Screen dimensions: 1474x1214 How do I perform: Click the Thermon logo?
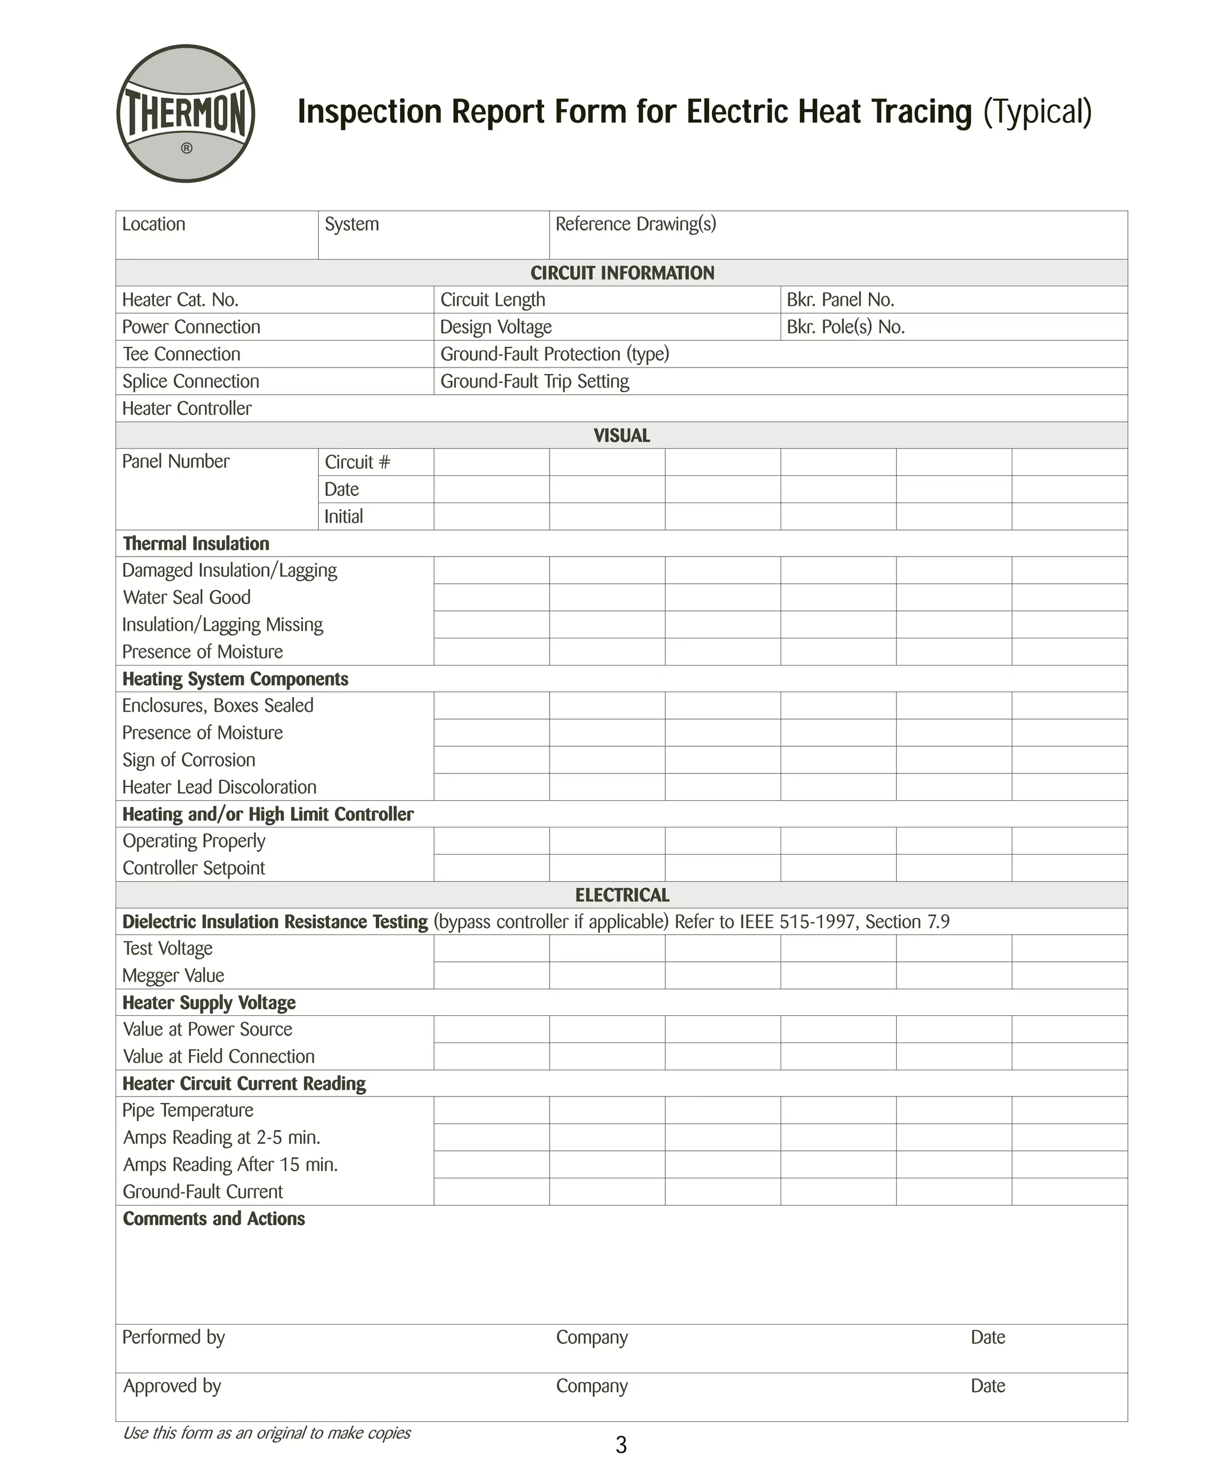(186, 114)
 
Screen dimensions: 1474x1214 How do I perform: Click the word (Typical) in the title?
(1037, 112)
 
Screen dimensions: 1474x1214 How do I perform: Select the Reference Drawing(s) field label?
(635, 224)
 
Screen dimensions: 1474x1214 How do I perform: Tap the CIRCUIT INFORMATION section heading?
(622, 273)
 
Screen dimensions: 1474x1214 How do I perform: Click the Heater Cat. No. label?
(180, 300)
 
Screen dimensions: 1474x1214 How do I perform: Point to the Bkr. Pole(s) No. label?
(845, 327)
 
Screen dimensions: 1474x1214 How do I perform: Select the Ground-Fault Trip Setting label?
(534, 381)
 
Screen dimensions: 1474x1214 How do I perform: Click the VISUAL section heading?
(622, 436)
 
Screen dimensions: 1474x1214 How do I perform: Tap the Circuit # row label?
(357, 462)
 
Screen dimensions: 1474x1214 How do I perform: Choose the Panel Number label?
(175, 462)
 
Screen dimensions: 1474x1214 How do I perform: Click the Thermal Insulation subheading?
(196, 543)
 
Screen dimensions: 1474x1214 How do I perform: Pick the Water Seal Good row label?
(187, 597)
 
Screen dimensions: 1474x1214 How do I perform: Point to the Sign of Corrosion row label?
(189, 760)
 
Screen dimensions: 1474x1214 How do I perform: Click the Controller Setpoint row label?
(194, 868)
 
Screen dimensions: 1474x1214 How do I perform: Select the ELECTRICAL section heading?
(622, 895)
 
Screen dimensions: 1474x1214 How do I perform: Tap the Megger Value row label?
(174, 976)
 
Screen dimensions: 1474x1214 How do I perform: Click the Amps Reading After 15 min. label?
(230, 1164)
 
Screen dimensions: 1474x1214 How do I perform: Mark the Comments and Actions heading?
(214, 1219)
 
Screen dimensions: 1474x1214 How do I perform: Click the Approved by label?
(172, 1386)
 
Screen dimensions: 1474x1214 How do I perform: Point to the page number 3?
(621, 1444)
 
